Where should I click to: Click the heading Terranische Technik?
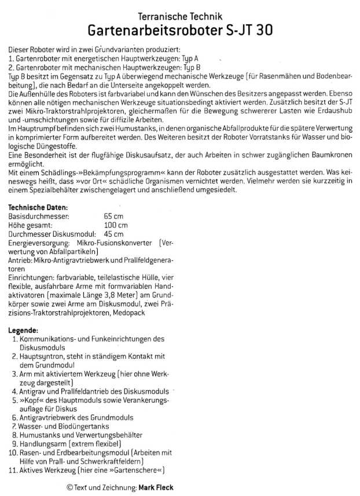click(180, 17)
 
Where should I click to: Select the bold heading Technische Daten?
click(38, 207)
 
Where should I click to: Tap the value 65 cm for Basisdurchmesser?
click(113, 216)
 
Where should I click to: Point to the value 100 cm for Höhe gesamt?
click(116, 225)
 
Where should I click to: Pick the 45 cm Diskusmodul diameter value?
click(113, 234)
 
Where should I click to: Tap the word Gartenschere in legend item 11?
click(135, 470)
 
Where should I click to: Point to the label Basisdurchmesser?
click(39, 216)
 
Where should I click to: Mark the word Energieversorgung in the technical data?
click(39, 243)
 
